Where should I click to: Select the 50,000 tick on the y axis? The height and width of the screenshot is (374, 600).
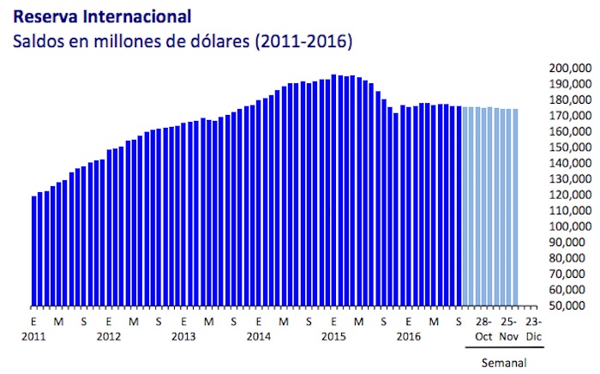pyautogui.click(x=570, y=305)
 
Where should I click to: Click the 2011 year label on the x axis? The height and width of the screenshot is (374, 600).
pyautogui.click(x=33, y=336)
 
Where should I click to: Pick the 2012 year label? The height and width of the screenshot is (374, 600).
pyautogui.click(x=108, y=336)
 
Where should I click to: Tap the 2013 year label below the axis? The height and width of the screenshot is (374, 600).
pyautogui.click(x=183, y=336)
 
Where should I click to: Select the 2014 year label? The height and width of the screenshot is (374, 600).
pyautogui.click(x=259, y=336)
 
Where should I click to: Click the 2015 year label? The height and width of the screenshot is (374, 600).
pyautogui.click(x=333, y=336)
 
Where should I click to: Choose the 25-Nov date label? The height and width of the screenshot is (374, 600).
pyautogui.click(x=509, y=329)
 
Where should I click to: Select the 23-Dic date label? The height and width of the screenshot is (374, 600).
pyautogui.click(x=533, y=329)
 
